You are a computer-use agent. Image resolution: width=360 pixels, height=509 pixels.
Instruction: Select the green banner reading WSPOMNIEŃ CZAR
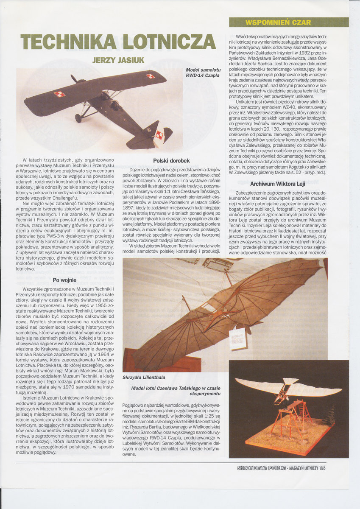point(288,22)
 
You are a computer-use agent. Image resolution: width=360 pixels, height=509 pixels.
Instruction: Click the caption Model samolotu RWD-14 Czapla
point(203,73)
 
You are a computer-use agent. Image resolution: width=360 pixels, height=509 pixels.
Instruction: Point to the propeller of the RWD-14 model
point(74,79)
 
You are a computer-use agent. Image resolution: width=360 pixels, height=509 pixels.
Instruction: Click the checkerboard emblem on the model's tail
point(159,134)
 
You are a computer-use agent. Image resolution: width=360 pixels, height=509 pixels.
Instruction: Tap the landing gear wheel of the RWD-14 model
point(78,118)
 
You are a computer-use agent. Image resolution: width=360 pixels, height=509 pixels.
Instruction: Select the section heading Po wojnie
point(64,280)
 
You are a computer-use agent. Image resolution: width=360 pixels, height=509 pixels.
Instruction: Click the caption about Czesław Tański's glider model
point(176,391)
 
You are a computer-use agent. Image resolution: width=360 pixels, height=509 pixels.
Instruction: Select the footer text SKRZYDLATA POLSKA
point(261,468)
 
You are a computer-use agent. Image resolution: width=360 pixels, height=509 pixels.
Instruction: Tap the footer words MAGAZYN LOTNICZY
point(302,468)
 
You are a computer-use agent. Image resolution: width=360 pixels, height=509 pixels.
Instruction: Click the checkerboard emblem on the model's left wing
point(59,94)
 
